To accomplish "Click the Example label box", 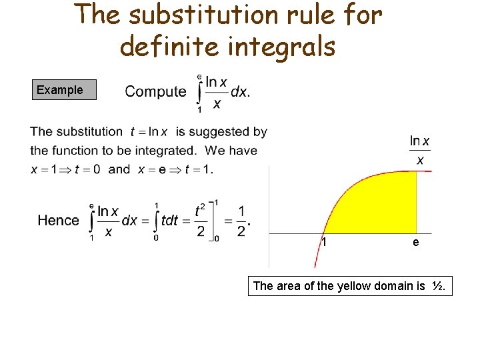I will [64, 90].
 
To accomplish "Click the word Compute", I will [155, 92].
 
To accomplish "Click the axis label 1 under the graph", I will [324, 243].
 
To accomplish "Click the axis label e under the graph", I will [416, 243].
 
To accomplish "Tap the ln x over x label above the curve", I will [420, 150].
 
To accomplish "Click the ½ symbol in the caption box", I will [437, 286].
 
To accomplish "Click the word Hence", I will [58, 221].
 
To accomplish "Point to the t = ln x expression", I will [149, 132].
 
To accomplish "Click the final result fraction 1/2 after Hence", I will [241, 221].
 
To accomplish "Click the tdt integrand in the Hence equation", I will [169, 221].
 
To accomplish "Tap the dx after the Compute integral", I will [240, 92].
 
